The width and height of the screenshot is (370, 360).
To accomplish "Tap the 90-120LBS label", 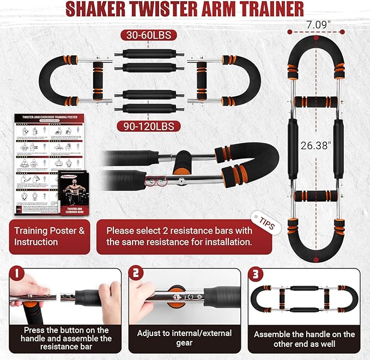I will (x=148, y=126).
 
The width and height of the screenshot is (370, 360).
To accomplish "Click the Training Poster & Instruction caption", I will (x=49, y=236).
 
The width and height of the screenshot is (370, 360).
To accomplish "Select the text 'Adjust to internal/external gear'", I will (x=183, y=338).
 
